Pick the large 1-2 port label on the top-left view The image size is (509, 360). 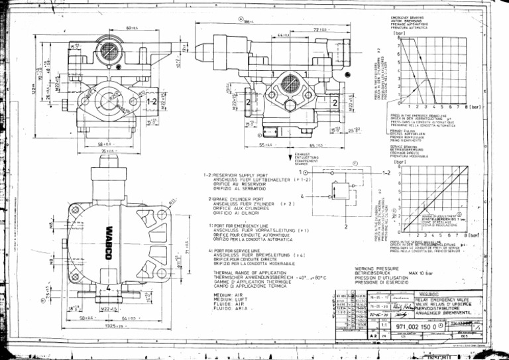(151, 101)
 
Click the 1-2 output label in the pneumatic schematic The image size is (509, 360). (385, 172)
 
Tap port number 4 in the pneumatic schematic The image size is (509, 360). (302, 196)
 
